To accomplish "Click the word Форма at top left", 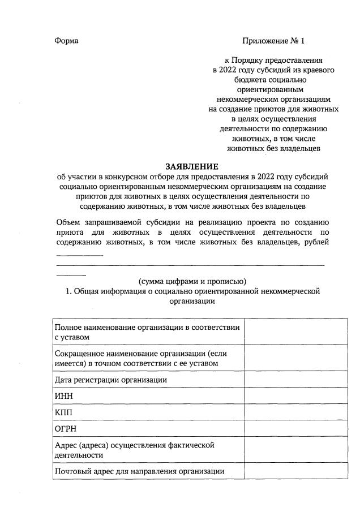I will (67, 41).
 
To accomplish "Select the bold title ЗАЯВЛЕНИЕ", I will (191, 166).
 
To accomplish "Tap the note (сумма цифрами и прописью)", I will (192, 281).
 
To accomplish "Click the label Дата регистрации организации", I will (110, 380).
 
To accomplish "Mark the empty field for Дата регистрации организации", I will (295, 380).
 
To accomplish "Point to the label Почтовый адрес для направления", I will (139, 471).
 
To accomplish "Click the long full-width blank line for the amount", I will (191, 265).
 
